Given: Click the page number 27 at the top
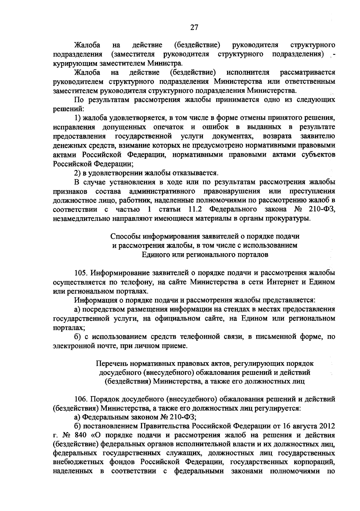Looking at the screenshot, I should [194, 27].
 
